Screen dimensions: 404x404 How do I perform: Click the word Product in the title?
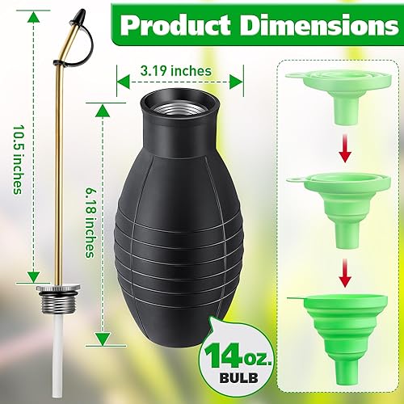pyautogui.click(x=175, y=27)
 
